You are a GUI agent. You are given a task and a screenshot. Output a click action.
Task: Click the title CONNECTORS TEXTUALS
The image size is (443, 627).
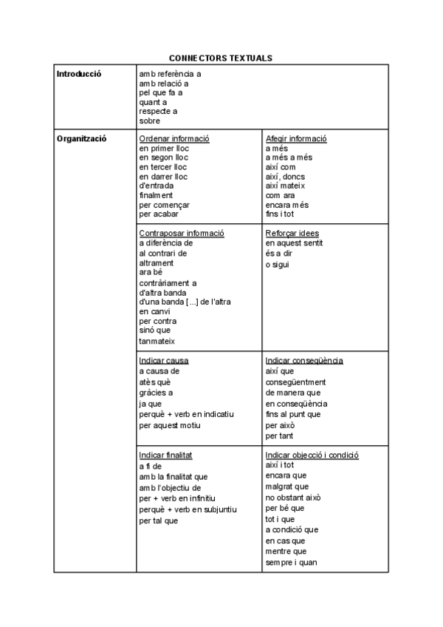[x=221, y=58]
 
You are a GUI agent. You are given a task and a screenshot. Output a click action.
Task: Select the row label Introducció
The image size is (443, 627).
[x=79, y=73]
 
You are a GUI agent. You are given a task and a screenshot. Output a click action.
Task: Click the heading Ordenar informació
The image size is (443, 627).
[x=174, y=138]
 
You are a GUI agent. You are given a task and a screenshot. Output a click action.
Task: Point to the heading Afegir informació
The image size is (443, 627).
[x=296, y=138]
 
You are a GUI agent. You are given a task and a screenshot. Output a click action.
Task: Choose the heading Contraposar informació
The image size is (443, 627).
[x=182, y=233]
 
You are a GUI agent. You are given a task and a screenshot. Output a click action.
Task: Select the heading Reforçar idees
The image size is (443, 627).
[x=292, y=233]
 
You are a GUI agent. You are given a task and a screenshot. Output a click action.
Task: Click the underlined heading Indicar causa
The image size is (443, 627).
[x=164, y=361]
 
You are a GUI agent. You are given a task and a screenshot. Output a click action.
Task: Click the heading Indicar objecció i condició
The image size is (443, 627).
[x=312, y=455]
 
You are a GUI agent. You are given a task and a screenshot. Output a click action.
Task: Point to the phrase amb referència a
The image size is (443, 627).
[x=170, y=74]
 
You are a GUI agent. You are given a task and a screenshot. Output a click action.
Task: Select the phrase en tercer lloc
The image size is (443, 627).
[x=163, y=167]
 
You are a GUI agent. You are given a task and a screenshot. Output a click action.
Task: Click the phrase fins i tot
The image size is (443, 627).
[x=281, y=214]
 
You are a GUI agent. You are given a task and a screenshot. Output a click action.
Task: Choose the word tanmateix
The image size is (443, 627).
[x=157, y=341]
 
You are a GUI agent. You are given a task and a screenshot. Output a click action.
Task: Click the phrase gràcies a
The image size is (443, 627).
[x=156, y=393]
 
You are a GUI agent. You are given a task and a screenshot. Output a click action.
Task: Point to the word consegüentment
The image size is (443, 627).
[x=295, y=382]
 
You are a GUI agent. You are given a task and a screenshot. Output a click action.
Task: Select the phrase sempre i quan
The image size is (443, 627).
[x=292, y=563]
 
